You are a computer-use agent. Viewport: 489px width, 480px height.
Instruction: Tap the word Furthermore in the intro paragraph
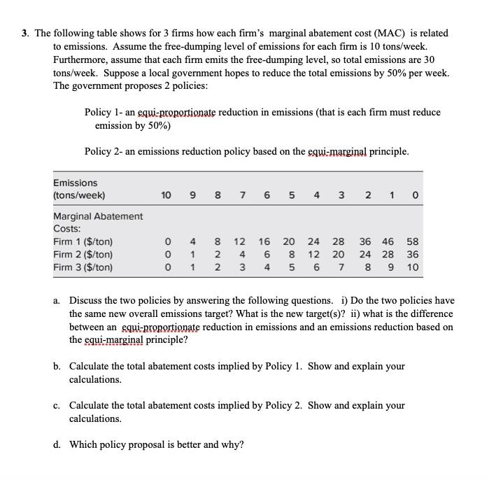coord(82,59)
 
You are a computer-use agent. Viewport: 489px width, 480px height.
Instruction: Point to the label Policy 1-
coord(108,113)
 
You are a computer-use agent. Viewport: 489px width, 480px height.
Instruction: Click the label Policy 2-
coord(108,152)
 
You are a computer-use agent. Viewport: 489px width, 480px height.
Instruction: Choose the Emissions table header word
coord(76,183)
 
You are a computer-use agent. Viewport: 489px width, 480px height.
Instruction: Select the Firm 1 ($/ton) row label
coord(83,241)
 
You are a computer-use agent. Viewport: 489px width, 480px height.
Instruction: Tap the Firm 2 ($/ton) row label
coord(83,254)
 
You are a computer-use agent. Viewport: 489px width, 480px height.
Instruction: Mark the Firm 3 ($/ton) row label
coord(83,267)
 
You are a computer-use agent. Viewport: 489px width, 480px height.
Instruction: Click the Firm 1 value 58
coord(413,241)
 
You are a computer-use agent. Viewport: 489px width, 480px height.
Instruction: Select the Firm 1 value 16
coord(264,241)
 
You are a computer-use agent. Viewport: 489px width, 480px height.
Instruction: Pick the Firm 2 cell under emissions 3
coord(339,254)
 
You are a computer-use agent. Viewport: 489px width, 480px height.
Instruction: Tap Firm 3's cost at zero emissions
coord(413,267)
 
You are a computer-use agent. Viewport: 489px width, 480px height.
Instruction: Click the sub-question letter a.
coord(57,301)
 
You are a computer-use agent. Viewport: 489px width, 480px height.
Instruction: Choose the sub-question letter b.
coord(57,367)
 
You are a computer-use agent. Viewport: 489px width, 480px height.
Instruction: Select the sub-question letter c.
coord(57,406)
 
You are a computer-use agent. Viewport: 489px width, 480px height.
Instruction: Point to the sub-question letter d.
coord(57,445)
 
